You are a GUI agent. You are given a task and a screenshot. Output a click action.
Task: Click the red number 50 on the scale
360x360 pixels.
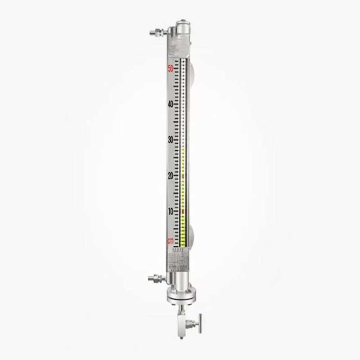coord(171,68)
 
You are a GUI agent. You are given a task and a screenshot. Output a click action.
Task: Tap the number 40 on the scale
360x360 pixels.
coord(171,104)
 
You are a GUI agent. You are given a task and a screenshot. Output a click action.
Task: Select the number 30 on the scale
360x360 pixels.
coord(171,140)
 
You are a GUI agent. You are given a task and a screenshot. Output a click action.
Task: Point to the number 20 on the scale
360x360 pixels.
coord(171,176)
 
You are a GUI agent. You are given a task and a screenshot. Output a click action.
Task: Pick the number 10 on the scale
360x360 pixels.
coord(171,211)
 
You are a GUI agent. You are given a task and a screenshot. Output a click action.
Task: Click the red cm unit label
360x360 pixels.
coord(171,241)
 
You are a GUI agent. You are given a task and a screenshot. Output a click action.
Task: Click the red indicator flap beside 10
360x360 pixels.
coord(183,211)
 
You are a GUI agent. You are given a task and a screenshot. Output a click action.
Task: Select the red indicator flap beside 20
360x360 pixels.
coord(183,176)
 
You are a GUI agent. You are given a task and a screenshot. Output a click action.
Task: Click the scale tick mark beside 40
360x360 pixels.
coord(177,104)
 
